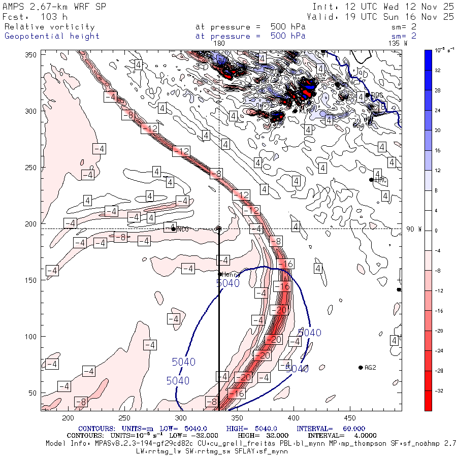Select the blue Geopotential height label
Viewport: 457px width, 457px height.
pyautogui.click(x=52, y=36)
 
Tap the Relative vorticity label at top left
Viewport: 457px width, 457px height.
pyautogui.click(x=49, y=26)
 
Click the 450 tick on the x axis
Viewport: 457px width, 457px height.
pyautogui.click(x=236, y=418)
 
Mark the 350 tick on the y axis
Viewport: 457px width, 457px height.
pyautogui.click(x=32, y=55)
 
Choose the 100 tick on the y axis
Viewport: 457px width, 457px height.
pyautogui.click(x=32, y=337)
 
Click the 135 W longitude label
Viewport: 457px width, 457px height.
pyautogui.click(x=398, y=44)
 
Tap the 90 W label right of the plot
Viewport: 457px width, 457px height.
pyautogui.click(x=414, y=229)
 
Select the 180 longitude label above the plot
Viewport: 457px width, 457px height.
pyautogui.click(x=219, y=44)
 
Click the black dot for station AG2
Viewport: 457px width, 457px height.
pyautogui.click(x=361, y=368)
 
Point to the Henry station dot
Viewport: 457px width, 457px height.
pyautogui.click(x=220, y=274)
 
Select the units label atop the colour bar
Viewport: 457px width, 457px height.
pyautogui.click(x=440, y=50)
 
